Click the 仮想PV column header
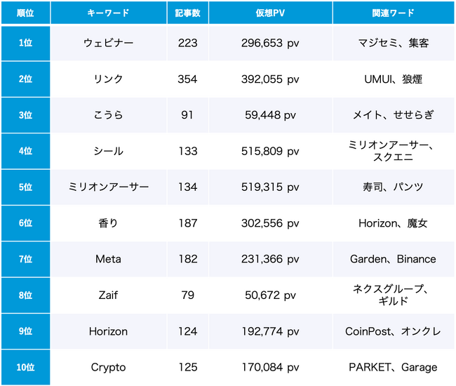coord(270,13)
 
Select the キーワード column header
coord(109,13)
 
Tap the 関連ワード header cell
coord(393,13)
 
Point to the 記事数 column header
coord(187,13)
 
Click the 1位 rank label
coord(26,44)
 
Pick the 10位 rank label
coord(26,367)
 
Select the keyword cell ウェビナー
coord(109,44)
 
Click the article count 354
coord(187,79)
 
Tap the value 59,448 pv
coord(270,115)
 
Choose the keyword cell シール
coord(109,151)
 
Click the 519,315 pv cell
coord(270,187)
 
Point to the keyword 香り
coord(109,223)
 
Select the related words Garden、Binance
coord(393,259)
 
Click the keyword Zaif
coord(109,295)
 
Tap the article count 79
coord(187,295)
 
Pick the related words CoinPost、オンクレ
coord(393,331)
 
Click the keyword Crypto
coord(109,367)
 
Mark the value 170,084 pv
coord(270,367)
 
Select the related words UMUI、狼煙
coord(393,79)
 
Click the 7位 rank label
coord(26,259)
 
